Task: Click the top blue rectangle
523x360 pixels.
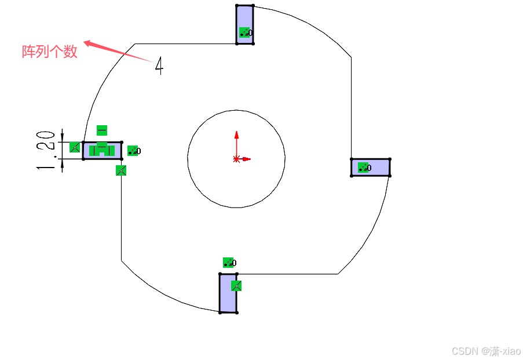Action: coord(244,17)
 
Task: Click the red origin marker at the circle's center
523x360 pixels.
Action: coord(236,158)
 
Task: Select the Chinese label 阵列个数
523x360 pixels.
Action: coord(50,52)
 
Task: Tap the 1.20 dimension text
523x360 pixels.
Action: coord(49,150)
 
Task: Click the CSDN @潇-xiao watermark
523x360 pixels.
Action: coord(486,351)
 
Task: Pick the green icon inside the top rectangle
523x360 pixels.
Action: coord(244,32)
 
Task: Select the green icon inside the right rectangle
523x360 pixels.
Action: coord(363,168)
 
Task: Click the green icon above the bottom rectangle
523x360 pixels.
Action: coord(228,263)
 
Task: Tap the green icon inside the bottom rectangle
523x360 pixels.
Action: coord(236,285)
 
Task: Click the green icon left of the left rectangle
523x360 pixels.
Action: coord(75,147)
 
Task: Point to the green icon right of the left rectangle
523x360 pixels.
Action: coord(133,151)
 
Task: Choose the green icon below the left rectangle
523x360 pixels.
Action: coord(120,170)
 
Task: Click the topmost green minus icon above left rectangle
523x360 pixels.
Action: coord(102,130)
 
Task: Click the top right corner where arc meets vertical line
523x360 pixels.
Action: coord(351,57)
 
